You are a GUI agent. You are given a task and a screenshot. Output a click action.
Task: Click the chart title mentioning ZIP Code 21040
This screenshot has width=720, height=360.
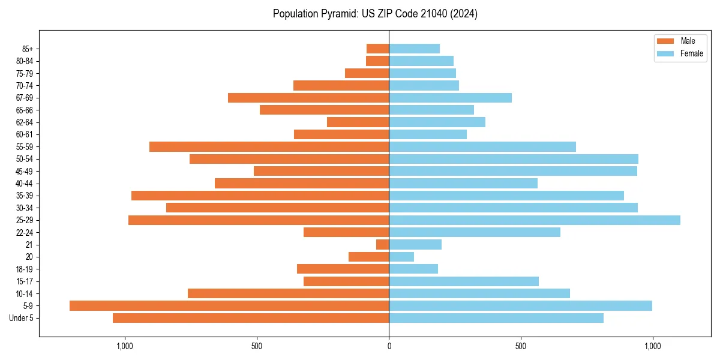[375, 14]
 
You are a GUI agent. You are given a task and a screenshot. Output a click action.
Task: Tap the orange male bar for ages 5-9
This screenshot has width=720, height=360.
[229, 305]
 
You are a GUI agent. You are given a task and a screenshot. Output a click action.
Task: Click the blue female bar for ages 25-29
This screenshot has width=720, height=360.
[534, 220]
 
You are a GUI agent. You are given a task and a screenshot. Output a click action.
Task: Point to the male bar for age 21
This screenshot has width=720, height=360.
[382, 244]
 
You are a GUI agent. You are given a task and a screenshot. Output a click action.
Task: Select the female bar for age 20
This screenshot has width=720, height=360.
[401, 257]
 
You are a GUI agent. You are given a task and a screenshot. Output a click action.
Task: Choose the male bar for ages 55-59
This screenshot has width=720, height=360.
[269, 146]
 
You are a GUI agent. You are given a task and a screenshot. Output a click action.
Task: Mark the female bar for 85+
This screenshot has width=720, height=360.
[414, 49]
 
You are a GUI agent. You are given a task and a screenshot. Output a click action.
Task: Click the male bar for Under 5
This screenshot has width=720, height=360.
[251, 318]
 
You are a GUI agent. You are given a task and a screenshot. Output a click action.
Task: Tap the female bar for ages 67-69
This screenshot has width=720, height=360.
[450, 98]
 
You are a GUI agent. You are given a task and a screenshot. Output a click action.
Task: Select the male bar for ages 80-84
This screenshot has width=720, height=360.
[377, 61]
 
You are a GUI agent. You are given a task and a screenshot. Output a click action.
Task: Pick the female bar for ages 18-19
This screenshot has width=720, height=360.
[413, 269]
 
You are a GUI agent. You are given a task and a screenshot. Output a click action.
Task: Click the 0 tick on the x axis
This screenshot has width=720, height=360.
[389, 346]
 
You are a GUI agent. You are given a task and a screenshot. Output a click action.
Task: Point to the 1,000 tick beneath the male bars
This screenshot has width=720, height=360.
[125, 346]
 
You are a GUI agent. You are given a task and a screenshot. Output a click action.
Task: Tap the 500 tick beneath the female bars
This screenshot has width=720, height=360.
[521, 346]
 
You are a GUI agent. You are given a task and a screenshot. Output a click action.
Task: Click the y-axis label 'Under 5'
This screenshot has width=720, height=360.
[21, 318]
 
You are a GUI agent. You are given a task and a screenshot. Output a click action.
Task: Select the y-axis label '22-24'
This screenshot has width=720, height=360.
[24, 232]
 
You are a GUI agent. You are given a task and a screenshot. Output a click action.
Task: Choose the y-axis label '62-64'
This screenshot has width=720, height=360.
[24, 122]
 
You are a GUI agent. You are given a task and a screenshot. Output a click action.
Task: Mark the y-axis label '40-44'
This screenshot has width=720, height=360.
[24, 183]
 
